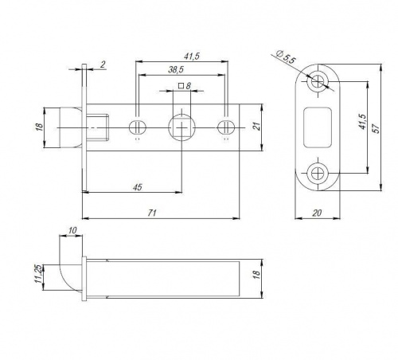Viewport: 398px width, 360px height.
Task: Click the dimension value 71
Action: click(x=152, y=213)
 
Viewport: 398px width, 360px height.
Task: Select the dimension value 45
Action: click(x=138, y=187)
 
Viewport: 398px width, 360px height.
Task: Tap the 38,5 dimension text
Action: click(x=176, y=70)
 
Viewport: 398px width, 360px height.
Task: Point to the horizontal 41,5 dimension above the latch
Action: click(x=192, y=57)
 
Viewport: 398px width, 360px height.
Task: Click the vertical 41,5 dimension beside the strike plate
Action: click(x=362, y=122)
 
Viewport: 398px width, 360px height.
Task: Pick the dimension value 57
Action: click(x=377, y=128)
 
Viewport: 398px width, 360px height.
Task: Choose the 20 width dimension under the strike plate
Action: click(x=317, y=213)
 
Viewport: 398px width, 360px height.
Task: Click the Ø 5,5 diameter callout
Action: click(x=286, y=57)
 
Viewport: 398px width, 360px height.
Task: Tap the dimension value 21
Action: click(x=257, y=127)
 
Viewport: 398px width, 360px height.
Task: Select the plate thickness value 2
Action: click(x=103, y=65)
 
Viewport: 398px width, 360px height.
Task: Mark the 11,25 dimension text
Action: click(x=38, y=274)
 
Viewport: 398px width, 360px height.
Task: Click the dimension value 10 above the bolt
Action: click(x=72, y=230)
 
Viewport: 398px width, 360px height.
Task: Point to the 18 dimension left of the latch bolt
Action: click(x=39, y=127)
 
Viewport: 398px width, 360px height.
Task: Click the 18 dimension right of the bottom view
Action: click(x=256, y=275)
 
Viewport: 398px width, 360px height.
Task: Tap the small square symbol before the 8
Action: click(x=181, y=86)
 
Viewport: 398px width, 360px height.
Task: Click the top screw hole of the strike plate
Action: click(x=318, y=81)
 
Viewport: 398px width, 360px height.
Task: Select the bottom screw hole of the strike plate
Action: click(x=318, y=174)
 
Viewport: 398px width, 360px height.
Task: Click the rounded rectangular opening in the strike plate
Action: click(x=318, y=127)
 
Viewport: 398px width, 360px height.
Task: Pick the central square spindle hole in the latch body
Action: click(x=181, y=127)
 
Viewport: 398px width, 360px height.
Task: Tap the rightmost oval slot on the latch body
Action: click(x=226, y=127)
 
